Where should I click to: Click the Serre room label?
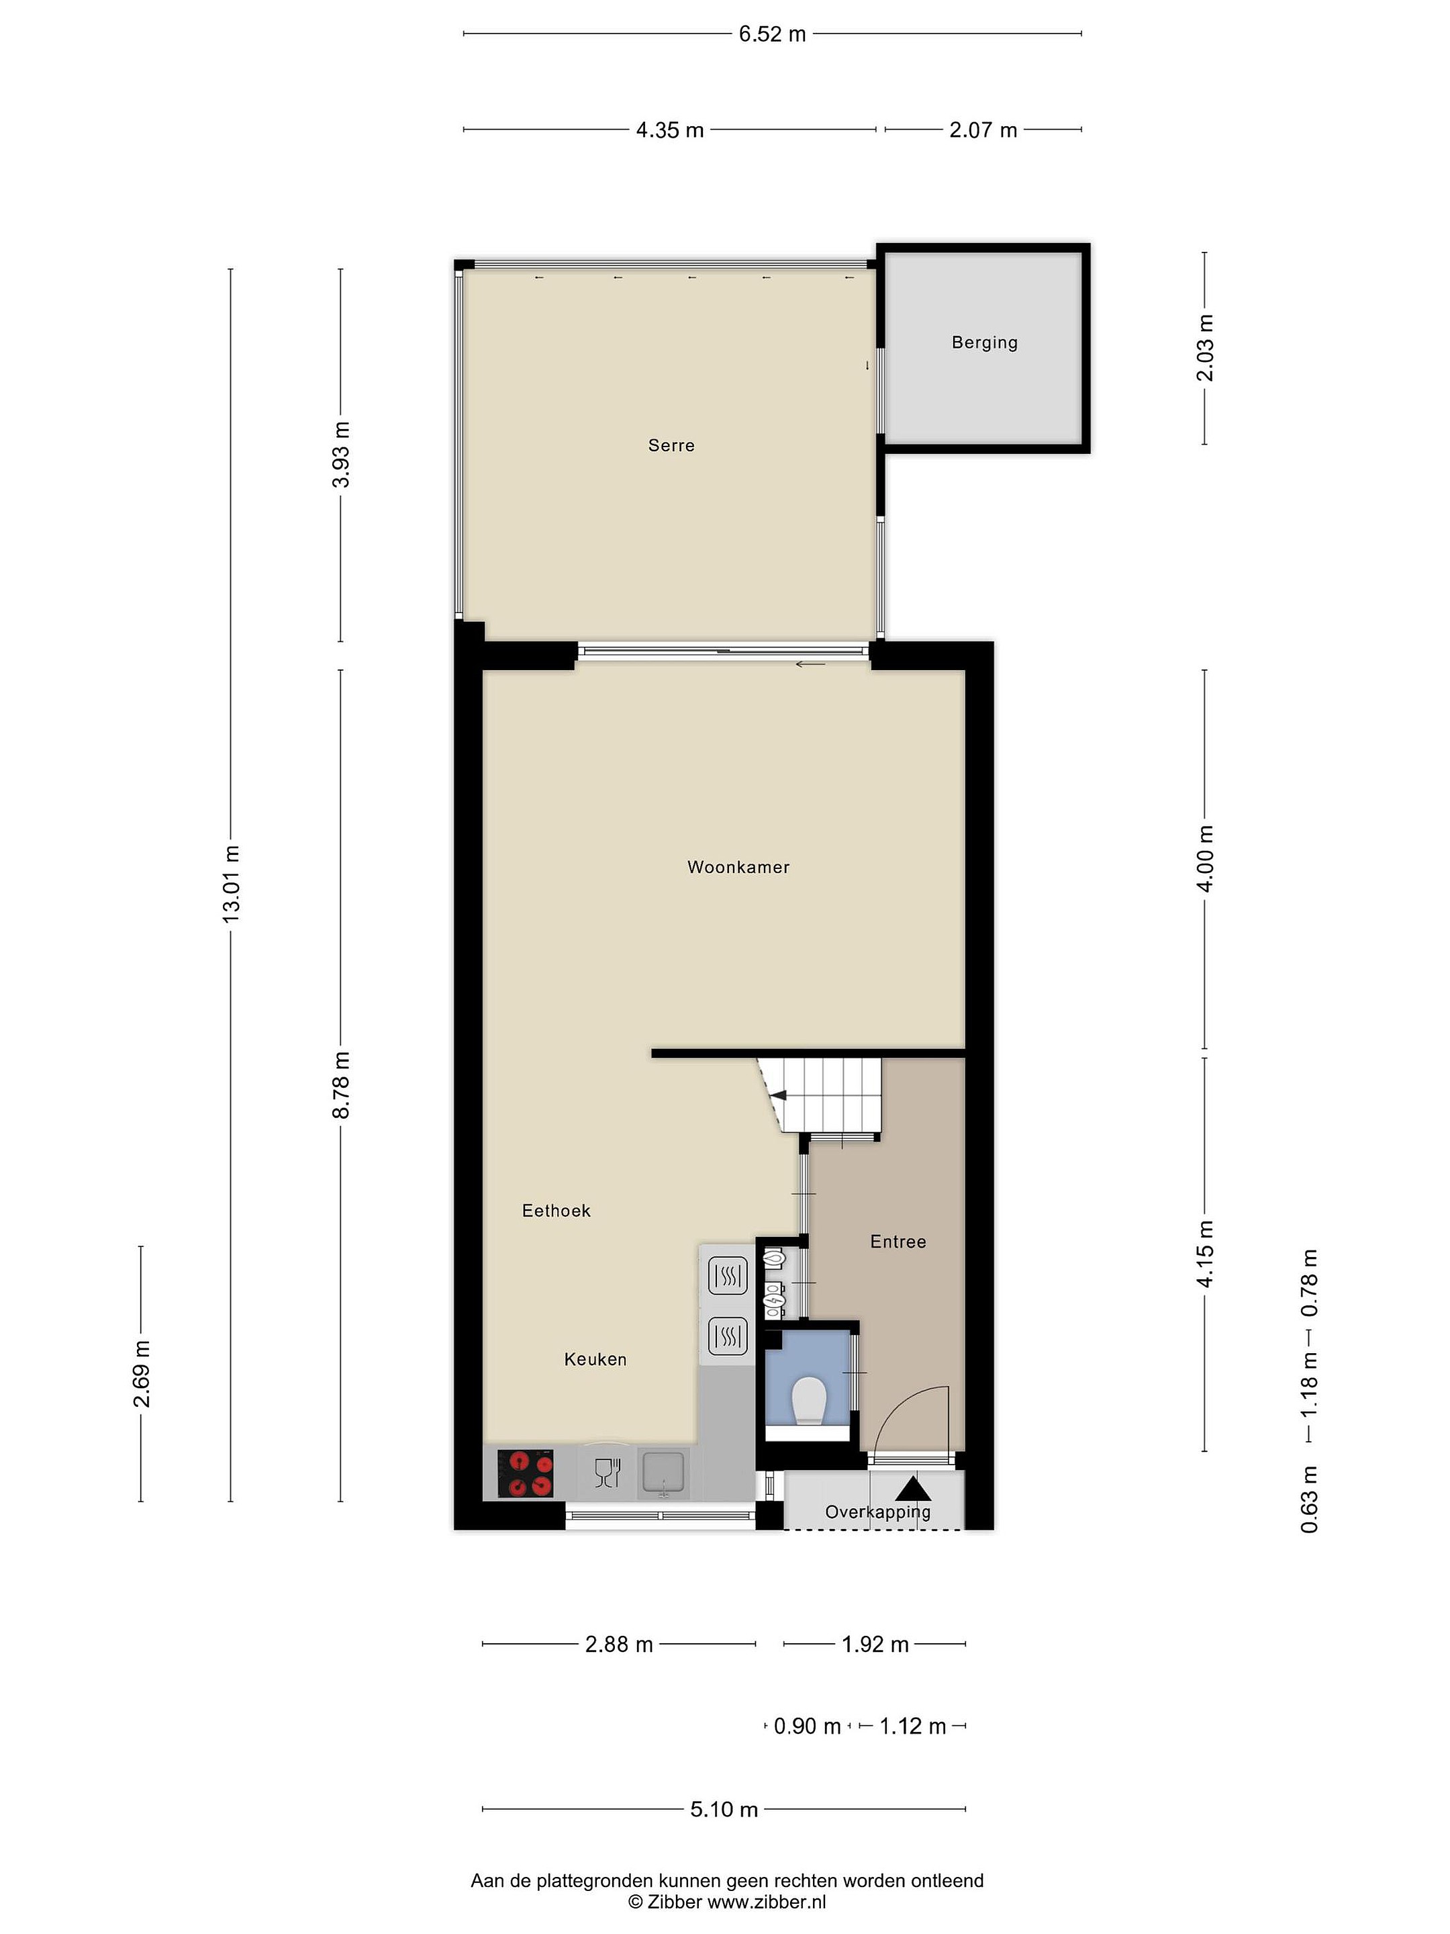click(671, 445)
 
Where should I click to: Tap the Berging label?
click(985, 342)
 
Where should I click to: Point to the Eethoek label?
click(556, 1211)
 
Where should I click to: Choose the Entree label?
click(898, 1242)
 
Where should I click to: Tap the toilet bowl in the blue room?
click(808, 1401)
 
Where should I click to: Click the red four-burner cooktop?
click(525, 1473)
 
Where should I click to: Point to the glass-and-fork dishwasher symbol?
click(607, 1473)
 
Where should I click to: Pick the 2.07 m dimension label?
click(983, 130)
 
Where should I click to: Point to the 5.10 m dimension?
click(724, 1809)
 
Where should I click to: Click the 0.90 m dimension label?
click(808, 1726)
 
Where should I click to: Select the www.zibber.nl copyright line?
click(727, 1901)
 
